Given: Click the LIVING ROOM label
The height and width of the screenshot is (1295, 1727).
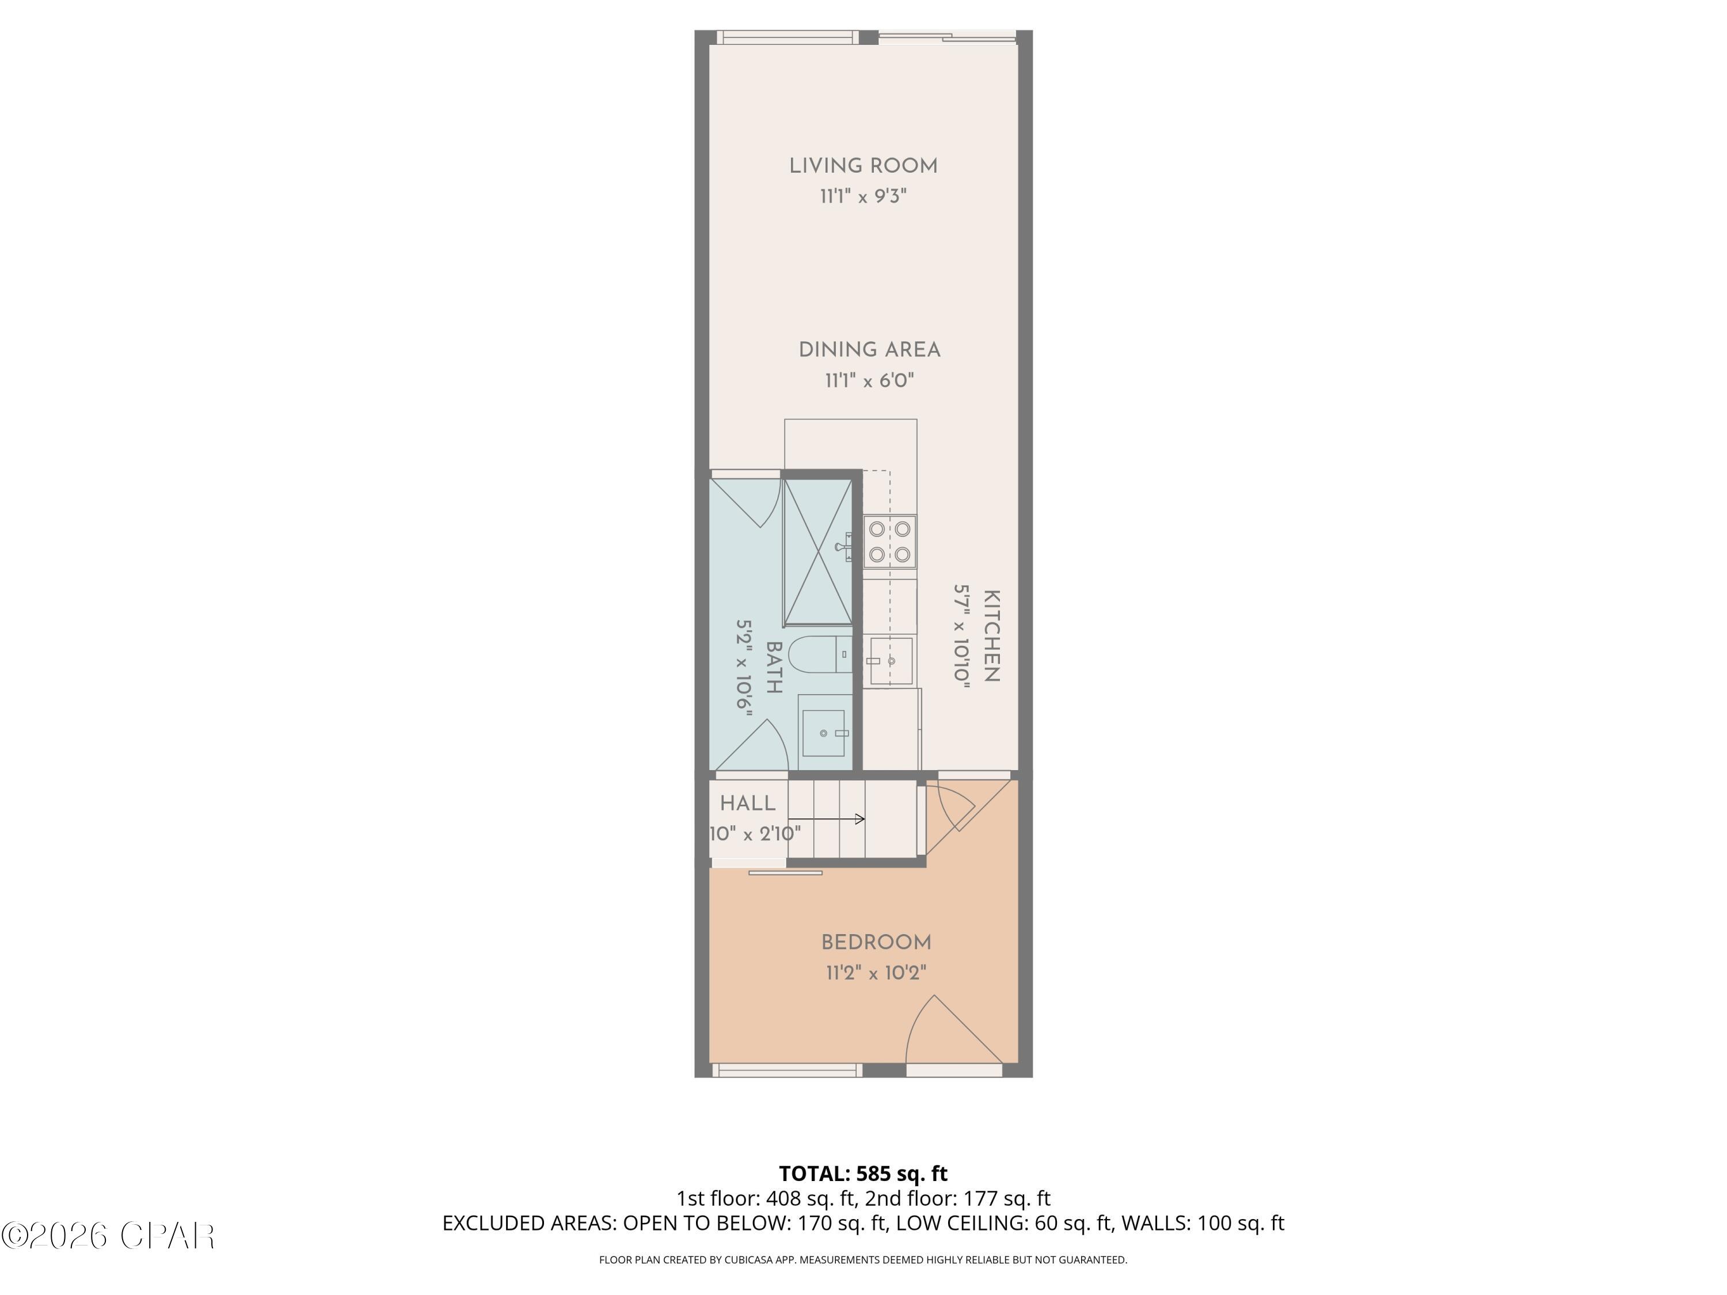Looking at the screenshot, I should (x=863, y=166).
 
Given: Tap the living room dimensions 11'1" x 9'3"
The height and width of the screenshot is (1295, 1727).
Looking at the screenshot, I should (x=863, y=196).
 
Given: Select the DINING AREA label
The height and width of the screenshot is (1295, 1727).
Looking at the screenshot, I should (x=869, y=351).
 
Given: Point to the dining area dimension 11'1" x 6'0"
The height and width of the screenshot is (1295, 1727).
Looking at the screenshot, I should (x=869, y=381).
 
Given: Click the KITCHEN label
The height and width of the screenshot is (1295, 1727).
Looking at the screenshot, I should (x=991, y=636).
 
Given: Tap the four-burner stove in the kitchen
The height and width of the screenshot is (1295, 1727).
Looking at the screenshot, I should (x=889, y=542).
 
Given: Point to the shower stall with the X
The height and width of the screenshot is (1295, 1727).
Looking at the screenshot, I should (x=817, y=552).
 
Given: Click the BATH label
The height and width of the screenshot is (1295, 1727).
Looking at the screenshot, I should (x=774, y=668).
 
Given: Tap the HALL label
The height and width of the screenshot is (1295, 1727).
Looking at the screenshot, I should (x=747, y=803).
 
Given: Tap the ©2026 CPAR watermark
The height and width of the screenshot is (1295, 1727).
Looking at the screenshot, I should (x=108, y=1236).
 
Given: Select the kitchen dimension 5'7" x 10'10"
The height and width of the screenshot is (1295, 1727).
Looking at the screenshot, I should (x=961, y=636).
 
